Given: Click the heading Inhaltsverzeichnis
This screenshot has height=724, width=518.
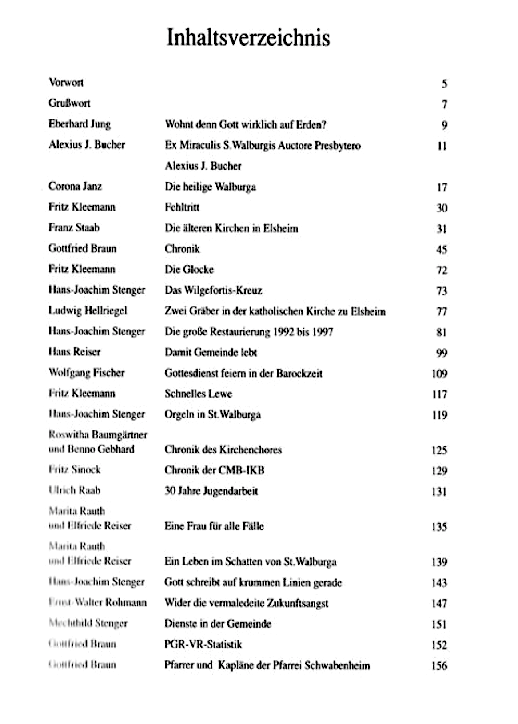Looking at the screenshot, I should point(248,38).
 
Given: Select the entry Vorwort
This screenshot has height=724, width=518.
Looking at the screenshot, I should point(66,83).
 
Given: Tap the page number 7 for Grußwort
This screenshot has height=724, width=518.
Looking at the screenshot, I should point(444,105).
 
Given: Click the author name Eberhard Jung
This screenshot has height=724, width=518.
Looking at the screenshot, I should point(80,124).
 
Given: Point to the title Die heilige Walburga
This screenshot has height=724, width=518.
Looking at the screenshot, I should point(210,187).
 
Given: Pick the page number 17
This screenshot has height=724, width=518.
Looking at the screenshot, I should point(442,187).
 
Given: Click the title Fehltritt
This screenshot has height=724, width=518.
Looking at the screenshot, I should point(182,207).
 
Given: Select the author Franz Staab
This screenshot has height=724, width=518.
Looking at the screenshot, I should point(74,228).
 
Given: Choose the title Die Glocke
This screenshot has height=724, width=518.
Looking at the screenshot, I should point(189,270).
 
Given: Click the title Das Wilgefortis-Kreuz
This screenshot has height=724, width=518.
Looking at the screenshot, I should point(213,290).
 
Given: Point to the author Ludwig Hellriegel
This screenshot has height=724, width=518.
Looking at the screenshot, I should point(88,311).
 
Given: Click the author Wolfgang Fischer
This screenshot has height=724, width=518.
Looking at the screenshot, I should point(86,373).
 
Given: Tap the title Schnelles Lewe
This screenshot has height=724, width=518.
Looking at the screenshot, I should point(198,394).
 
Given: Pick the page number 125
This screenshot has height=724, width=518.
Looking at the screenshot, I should point(439,450).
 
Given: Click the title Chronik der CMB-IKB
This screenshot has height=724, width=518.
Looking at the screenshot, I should point(214,470).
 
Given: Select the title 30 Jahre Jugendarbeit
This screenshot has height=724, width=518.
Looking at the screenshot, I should point(211,491).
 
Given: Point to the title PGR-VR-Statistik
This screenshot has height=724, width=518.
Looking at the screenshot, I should point(203,644).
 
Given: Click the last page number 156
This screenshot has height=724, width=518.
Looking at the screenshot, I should point(439,666).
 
